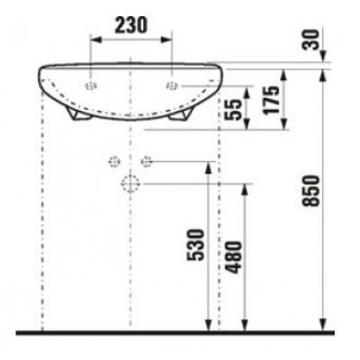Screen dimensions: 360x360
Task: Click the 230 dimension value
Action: click(x=131, y=25)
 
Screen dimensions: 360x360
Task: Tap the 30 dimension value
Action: click(x=310, y=40)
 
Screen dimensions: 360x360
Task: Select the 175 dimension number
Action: click(x=271, y=100)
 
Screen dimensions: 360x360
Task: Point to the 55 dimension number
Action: click(x=233, y=110)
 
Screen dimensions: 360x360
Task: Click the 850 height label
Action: click(x=310, y=191)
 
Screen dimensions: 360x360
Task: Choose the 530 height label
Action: click(x=195, y=245)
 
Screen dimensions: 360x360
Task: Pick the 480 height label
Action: click(x=233, y=257)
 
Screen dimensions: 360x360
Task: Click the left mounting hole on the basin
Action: click(x=91, y=86)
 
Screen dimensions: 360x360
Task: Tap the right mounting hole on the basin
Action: click(x=172, y=86)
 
